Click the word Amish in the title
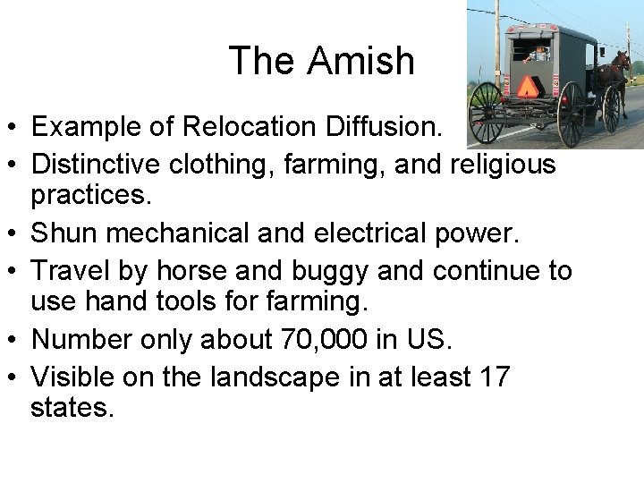[x=362, y=61]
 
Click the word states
[x=72, y=409]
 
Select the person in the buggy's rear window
[x=538, y=53]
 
